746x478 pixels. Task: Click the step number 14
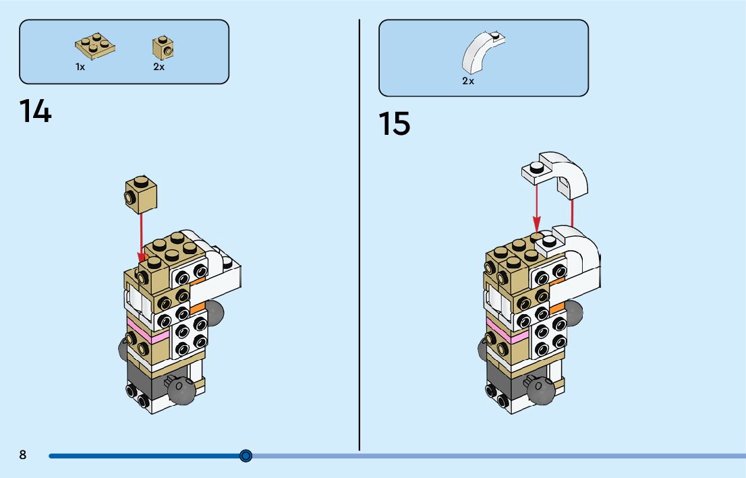35,111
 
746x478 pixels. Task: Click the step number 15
394,124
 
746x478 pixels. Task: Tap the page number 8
23,455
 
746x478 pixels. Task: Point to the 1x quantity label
80,67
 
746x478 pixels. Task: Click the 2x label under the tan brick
159,67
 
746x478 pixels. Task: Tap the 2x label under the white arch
468,81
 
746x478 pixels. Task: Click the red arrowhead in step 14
142,257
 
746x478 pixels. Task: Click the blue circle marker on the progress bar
246,456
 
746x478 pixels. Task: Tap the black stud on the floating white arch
536,167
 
